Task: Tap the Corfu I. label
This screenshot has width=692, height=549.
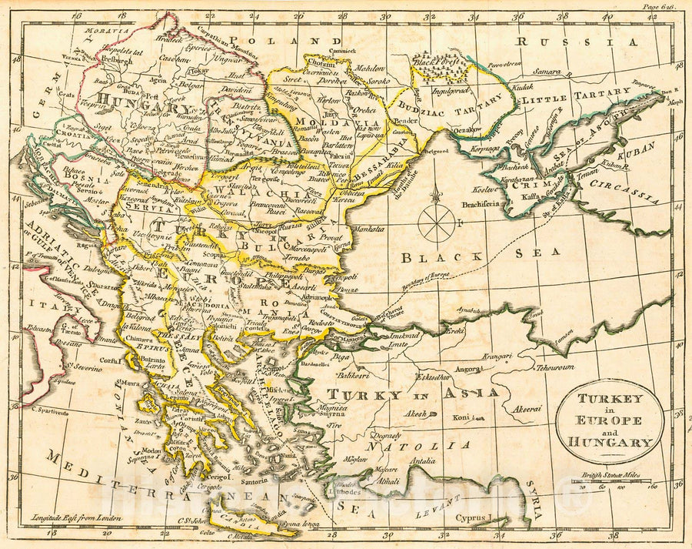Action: [x=110, y=359]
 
